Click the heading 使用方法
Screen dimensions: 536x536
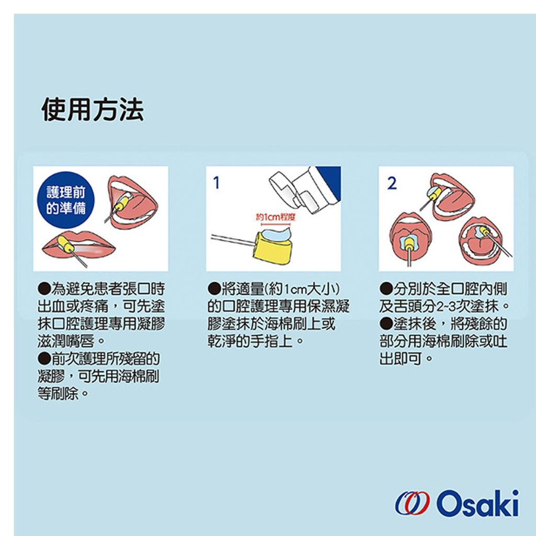click(92, 110)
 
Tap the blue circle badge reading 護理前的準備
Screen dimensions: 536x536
click(65, 199)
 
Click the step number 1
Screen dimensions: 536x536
click(216, 183)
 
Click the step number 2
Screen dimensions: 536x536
click(392, 183)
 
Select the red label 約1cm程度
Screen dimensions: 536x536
click(275, 217)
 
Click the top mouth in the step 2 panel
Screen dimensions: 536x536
click(452, 196)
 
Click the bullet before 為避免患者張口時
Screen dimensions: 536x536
click(44, 289)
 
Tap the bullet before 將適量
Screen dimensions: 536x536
click(214, 289)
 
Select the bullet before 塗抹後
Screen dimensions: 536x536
click(386, 323)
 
